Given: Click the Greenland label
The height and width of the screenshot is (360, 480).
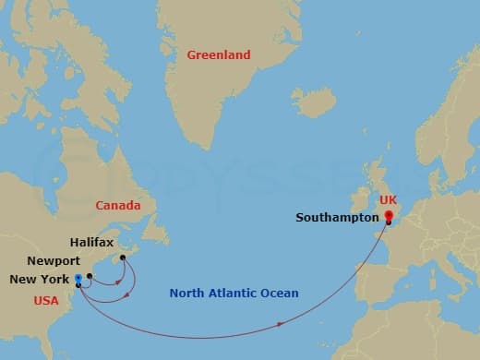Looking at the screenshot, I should click(219, 55).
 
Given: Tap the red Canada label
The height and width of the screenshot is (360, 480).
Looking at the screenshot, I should click(118, 205).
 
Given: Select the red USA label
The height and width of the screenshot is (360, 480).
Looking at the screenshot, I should click(46, 300).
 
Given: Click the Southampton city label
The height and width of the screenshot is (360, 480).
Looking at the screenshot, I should click(337, 219).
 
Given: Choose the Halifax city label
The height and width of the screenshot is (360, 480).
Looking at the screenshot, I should click(91, 243).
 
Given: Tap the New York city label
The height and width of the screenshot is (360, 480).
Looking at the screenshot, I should click(39, 280).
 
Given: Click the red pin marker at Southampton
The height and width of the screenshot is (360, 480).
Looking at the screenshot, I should click(389, 217).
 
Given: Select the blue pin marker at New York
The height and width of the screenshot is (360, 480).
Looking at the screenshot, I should click(78, 278).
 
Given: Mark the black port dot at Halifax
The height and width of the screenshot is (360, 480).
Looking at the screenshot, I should click(123, 246).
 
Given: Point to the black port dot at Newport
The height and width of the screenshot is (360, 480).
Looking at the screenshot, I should click(90, 275).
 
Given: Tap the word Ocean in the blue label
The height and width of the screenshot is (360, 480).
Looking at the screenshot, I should click(281, 294).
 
